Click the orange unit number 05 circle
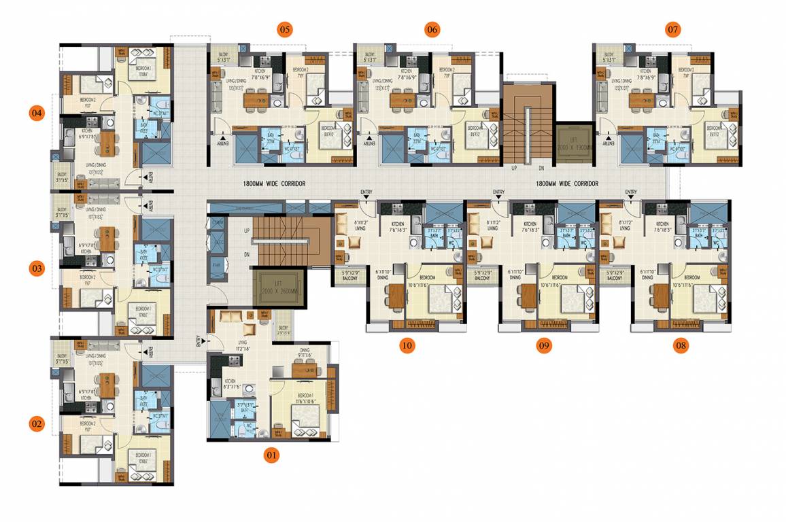(x=284, y=29)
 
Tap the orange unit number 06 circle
(x=432, y=29)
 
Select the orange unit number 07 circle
(x=672, y=29)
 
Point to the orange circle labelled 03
(x=37, y=269)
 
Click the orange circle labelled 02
(x=37, y=424)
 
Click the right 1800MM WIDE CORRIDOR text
(x=567, y=184)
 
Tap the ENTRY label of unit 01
(x=199, y=341)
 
